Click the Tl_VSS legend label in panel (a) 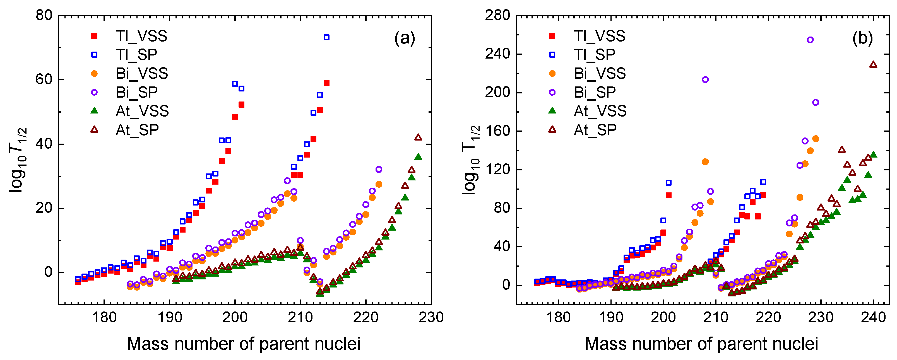pyautogui.click(x=141, y=36)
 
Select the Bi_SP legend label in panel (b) pyautogui.click(x=595, y=92)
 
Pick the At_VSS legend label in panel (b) pyautogui.click(x=600, y=111)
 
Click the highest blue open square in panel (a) pyautogui.click(x=326, y=37)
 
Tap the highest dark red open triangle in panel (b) pyautogui.click(x=873, y=64)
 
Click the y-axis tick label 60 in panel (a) pyautogui.click(x=44, y=79)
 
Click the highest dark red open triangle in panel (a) pyautogui.click(x=418, y=137)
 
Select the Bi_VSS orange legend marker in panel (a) pyautogui.click(x=94, y=73)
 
